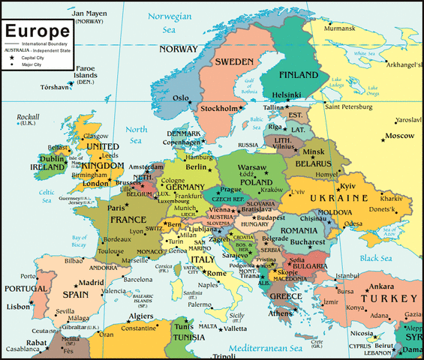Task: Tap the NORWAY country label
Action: point(179,49)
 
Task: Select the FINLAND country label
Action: point(299,76)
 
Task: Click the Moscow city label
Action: point(399,136)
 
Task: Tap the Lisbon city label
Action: point(18,307)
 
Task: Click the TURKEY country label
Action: point(394,298)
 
